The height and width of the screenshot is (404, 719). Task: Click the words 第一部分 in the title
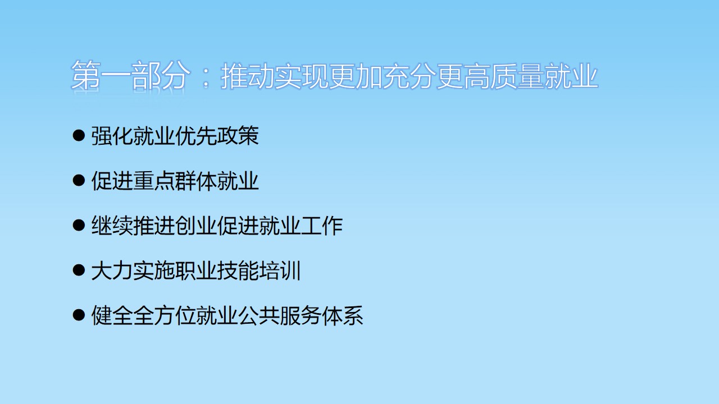pyautogui.click(x=129, y=75)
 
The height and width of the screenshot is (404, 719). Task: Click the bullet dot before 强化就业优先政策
pyautogui.click(x=79, y=136)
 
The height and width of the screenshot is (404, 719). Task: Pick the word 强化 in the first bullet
pyautogui.click(x=112, y=136)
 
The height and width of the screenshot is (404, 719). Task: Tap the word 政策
pyautogui.click(x=238, y=136)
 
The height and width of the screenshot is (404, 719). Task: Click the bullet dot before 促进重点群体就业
pyautogui.click(x=79, y=181)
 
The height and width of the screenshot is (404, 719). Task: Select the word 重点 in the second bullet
pyautogui.click(x=154, y=181)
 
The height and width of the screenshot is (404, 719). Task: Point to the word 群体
pyautogui.click(x=196, y=181)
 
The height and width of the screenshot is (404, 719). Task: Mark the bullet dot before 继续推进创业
pyautogui.click(x=79, y=226)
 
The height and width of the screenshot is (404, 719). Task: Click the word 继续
pyautogui.click(x=112, y=226)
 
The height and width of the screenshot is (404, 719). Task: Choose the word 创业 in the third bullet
pyautogui.click(x=196, y=226)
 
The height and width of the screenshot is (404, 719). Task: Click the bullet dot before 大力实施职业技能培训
pyautogui.click(x=79, y=270)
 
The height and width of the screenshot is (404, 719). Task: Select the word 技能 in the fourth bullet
pyautogui.click(x=238, y=270)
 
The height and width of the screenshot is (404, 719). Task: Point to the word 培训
pyautogui.click(x=280, y=270)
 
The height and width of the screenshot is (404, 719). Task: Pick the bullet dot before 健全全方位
pyautogui.click(x=79, y=315)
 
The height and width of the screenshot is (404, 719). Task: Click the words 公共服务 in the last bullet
pyautogui.click(x=280, y=315)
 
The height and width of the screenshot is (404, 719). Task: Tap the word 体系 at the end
pyautogui.click(x=343, y=315)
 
